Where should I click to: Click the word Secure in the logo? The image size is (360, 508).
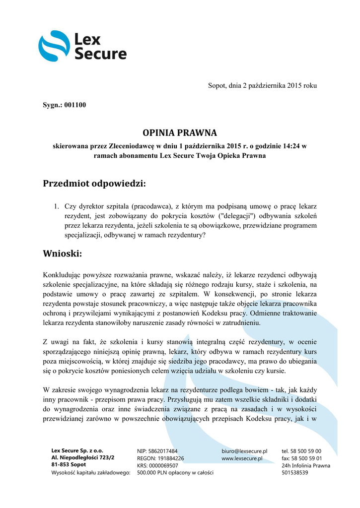tap(100, 54)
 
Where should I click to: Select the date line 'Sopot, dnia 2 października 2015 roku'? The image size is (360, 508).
tap(262, 86)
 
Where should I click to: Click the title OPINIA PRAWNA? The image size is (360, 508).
tap(180, 133)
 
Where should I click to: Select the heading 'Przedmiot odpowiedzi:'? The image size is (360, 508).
tap(95, 184)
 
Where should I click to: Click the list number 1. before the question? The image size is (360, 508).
tap(57, 206)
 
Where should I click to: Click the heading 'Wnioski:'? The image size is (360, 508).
tap(62, 254)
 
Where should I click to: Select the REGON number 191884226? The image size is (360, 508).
tap(167, 458)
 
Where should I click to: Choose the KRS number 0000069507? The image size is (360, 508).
tap(164, 465)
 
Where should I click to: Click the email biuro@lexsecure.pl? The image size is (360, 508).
tap(244, 451)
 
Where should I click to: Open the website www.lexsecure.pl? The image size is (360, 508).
tap(242, 458)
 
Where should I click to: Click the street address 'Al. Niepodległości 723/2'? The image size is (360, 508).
tap(82, 457)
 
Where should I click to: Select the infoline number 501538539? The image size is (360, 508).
tap(295, 472)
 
